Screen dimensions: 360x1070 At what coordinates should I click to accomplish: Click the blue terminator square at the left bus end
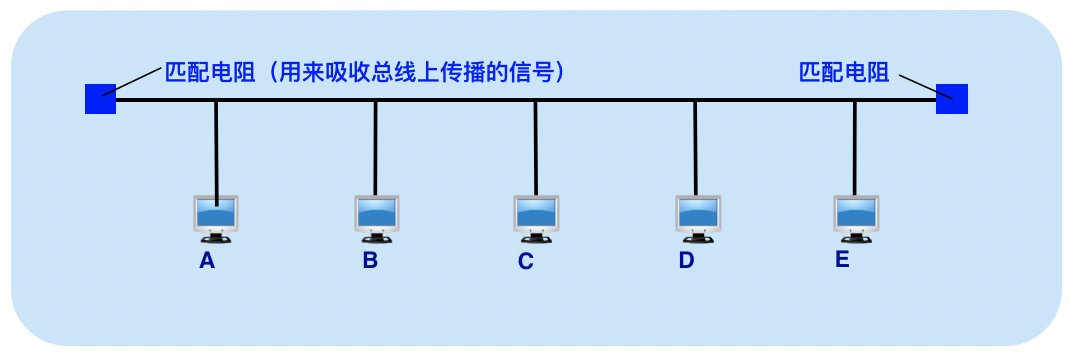pyautogui.click(x=100, y=99)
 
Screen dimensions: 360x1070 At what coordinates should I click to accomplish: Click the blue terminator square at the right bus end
pyautogui.click(x=952, y=99)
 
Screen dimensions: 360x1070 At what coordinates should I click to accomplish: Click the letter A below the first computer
pyautogui.click(x=207, y=261)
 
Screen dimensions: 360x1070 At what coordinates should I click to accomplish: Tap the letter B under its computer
pyautogui.click(x=370, y=261)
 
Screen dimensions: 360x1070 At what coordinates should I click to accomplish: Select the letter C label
pyautogui.click(x=526, y=262)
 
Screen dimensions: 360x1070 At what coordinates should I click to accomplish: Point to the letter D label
pyautogui.click(x=686, y=261)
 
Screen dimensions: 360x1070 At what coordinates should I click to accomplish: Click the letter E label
pyautogui.click(x=842, y=260)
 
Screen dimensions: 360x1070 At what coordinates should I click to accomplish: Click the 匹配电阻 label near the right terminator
pyautogui.click(x=844, y=72)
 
